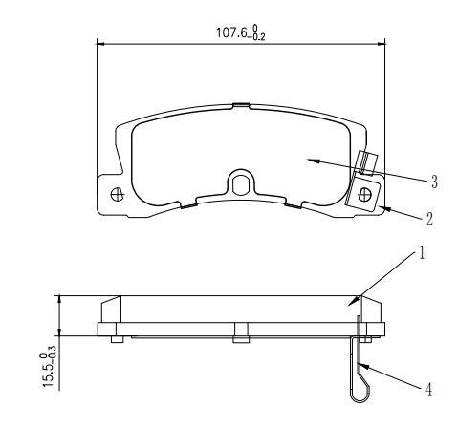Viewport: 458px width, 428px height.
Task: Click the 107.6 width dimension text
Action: point(241,32)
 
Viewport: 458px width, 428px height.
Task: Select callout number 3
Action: point(434,182)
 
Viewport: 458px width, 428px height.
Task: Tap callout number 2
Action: point(429,220)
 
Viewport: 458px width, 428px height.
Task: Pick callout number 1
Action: point(422,254)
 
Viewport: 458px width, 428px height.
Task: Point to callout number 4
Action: point(428,389)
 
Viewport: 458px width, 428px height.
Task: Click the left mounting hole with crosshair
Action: point(117,194)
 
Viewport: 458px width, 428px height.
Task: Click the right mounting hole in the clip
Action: point(364,194)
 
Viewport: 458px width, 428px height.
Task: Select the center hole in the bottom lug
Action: point(241,185)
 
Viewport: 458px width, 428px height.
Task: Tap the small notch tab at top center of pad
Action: point(241,104)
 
